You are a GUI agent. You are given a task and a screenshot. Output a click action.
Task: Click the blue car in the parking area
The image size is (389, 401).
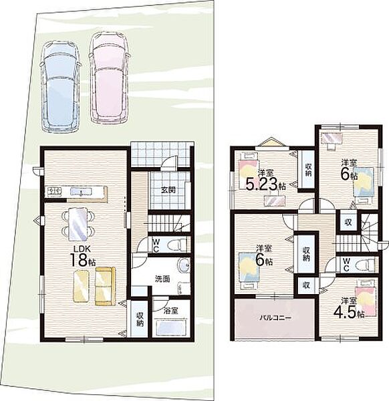[x=60, y=86]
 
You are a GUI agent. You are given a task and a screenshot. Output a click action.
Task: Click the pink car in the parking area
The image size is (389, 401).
[x=110, y=78]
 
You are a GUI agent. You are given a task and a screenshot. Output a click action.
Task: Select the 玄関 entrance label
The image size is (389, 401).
[x=168, y=190]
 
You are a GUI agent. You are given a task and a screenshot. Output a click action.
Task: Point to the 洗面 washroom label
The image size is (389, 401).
[x=162, y=279]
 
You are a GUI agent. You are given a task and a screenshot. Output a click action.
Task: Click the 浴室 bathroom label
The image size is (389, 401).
[x=171, y=311]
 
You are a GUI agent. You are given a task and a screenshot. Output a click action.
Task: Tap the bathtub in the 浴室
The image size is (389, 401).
[x=170, y=327]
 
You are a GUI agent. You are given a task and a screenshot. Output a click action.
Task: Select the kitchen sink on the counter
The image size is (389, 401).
[x=81, y=191]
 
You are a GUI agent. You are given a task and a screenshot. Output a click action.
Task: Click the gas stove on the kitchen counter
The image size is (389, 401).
[x=53, y=191]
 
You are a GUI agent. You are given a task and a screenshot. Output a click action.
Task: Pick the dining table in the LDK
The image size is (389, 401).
[x=78, y=224]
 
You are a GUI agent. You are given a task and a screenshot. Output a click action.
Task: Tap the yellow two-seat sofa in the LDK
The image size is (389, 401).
[x=105, y=286]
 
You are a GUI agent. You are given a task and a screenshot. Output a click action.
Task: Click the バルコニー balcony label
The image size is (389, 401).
[x=275, y=318]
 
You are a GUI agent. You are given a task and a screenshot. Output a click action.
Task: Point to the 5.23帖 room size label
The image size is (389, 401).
[x=266, y=184]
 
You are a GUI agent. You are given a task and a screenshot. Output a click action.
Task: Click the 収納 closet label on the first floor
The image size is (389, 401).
[x=140, y=319]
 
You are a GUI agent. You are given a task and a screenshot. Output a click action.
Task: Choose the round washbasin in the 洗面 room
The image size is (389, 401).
[x=182, y=266]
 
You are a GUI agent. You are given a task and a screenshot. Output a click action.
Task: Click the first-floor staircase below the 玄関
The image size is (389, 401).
[x=170, y=223]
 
